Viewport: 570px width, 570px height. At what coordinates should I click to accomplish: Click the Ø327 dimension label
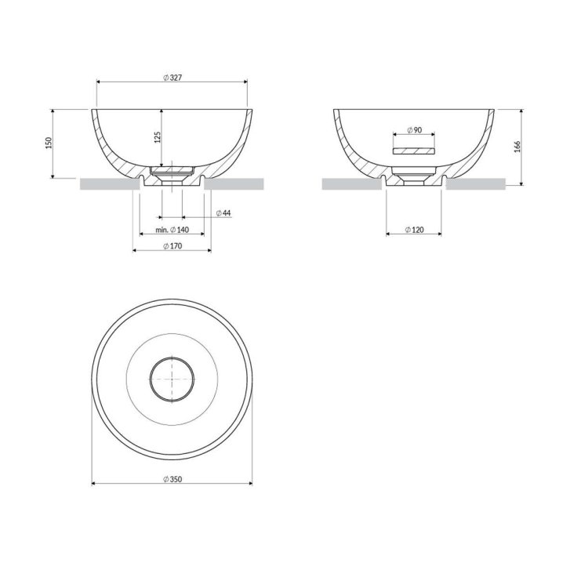(x=172, y=78)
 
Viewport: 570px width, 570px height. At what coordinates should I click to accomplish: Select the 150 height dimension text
(x=49, y=143)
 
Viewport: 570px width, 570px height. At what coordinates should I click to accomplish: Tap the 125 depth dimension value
(x=158, y=137)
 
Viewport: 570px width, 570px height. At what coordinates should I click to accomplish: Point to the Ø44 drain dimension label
(x=223, y=213)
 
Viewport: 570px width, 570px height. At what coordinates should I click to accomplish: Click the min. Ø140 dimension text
(x=172, y=230)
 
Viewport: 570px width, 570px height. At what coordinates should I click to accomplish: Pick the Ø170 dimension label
(x=172, y=246)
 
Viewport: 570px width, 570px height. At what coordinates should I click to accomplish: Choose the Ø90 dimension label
(x=415, y=130)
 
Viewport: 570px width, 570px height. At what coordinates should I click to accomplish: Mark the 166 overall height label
(x=517, y=146)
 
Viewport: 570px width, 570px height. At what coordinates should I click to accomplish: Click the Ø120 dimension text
(x=415, y=230)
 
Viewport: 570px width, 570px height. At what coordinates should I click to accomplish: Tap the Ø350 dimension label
(x=172, y=479)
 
